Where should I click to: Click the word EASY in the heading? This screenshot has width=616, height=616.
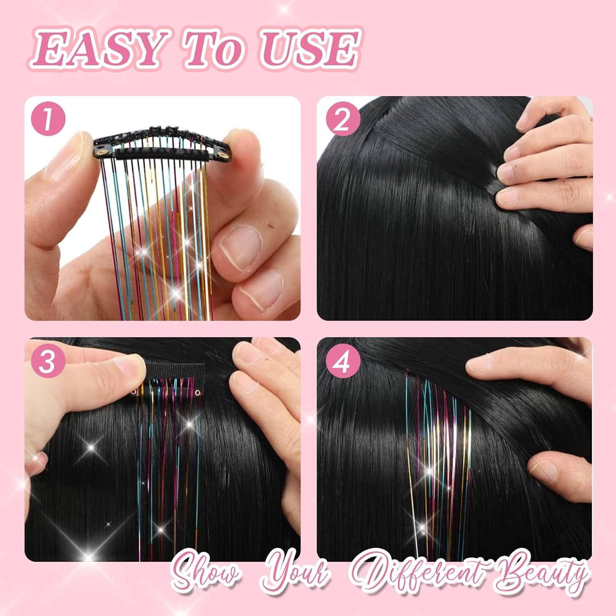(99, 51)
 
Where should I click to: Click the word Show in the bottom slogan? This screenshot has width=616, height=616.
(205, 573)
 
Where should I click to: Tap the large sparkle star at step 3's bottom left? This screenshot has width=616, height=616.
(88, 556)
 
